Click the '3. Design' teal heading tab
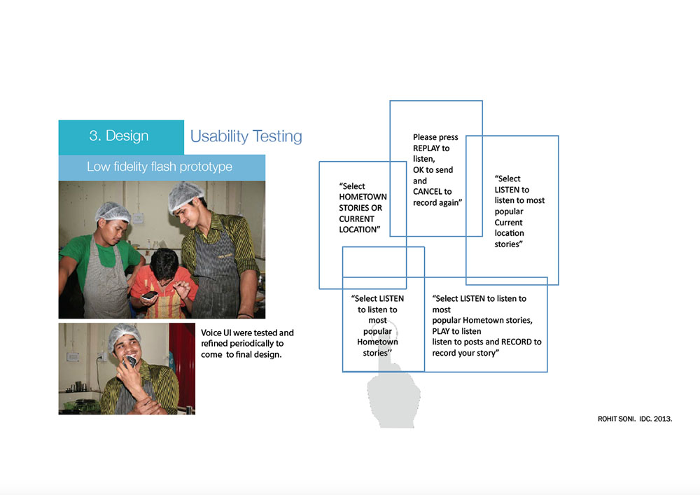click(x=119, y=137)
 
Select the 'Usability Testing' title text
click(x=246, y=137)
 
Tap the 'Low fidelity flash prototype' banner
click(x=160, y=167)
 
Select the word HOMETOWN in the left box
click(x=363, y=197)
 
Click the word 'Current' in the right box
click(x=509, y=223)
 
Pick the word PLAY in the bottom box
click(x=442, y=331)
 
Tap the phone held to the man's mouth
click(x=130, y=361)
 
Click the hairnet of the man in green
click(x=113, y=211)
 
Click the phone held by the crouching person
click(x=149, y=297)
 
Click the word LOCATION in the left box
click(x=358, y=230)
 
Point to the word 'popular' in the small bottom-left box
click(x=377, y=331)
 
